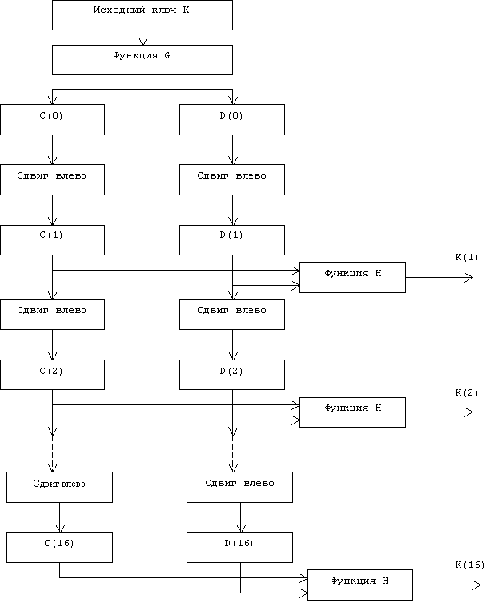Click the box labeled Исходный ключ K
pos(143,15)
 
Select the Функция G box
pos(143,60)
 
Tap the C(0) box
pos(52,119)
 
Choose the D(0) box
pos(232,119)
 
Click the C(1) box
pos(52,240)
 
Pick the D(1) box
pos(232,240)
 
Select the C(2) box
pos(52,375)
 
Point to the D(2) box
pos(232,375)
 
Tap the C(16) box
pos(59,547)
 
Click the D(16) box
pos(239,547)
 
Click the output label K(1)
pos(467,257)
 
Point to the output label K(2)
pos(467,392)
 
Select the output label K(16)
pos(469,565)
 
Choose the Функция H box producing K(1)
pos(352,277)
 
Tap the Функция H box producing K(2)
pos(352,412)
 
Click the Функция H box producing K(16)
pos(360,585)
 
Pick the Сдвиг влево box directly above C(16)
pos(59,487)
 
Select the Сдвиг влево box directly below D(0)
pos(232,179)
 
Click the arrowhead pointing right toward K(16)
pos(477,585)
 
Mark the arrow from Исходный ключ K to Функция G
pos(143,38)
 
